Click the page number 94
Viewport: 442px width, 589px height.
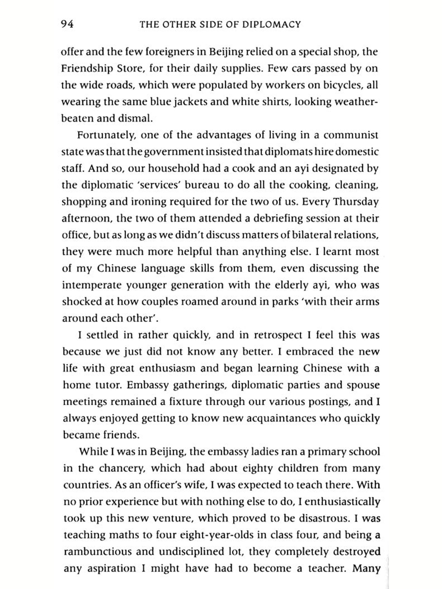(67, 24)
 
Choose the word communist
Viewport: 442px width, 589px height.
(351, 135)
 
